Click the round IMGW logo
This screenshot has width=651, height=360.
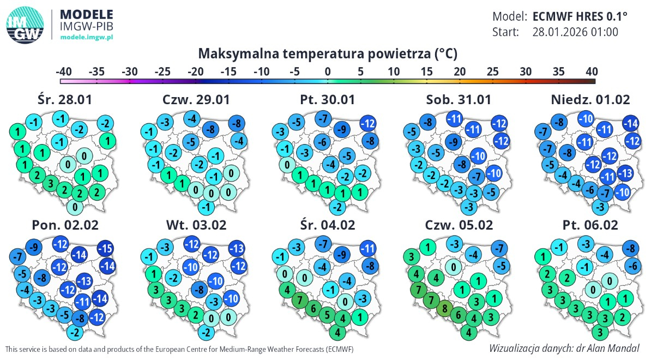coord(25,25)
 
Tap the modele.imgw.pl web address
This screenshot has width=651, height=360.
coord(87,38)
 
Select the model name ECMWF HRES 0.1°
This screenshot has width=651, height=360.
coord(580,16)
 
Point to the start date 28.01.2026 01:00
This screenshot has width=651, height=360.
coord(575,32)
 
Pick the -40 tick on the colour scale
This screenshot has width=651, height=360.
coord(64,71)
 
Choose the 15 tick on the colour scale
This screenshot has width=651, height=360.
coord(427,71)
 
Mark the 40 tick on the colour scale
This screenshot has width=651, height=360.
coord(592,71)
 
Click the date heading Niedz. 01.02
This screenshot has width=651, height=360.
coord(590,100)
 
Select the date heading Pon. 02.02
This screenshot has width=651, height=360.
coord(65,225)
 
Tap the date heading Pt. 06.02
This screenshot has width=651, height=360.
coord(590,225)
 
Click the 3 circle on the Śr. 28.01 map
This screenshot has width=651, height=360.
coord(51,183)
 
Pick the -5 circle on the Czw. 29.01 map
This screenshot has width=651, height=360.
coord(191,142)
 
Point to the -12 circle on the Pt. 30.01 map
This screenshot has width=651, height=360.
coord(368,123)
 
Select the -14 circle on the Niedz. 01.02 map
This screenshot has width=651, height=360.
coord(631,123)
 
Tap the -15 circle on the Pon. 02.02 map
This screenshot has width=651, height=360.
coord(105,249)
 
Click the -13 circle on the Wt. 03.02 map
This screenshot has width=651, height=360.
coord(237,249)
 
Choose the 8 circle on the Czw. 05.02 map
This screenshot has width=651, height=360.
coord(445,309)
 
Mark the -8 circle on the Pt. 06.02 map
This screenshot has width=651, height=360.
coord(631,249)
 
